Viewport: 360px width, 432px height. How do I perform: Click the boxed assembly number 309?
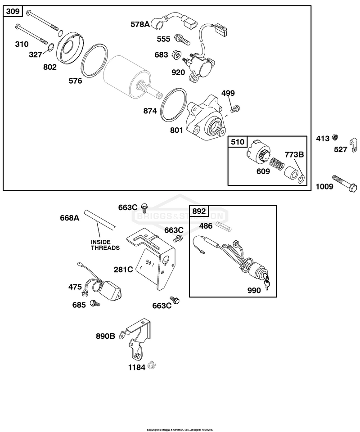click(x=13, y=11)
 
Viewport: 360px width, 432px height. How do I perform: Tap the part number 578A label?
click(x=140, y=24)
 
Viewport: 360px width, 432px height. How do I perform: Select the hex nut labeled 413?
click(x=335, y=136)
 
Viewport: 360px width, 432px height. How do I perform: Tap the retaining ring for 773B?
click(x=302, y=179)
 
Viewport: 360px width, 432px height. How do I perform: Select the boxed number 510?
click(x=238, y=142)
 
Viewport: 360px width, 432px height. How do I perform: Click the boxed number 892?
click(x=199, y=211)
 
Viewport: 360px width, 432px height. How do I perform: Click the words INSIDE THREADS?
click(x=105, y=245)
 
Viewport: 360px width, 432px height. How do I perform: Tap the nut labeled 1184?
click(x=152, y=365)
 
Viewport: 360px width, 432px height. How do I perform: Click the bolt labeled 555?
click(x=182, y=40)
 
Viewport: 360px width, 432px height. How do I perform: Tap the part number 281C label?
click(x=123, y=269)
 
